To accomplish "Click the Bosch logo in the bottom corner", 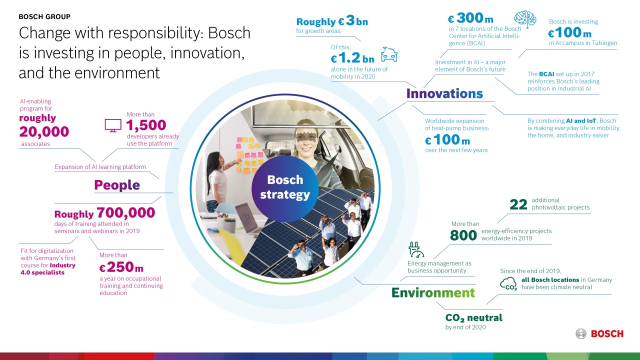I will pos(599,333).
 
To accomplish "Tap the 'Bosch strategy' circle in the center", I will pos(285,187).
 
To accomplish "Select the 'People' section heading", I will pos(117,185).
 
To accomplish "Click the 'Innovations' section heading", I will pos(444,93).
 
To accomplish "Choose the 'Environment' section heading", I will pos(433,292).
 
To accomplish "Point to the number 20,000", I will pos(44,131).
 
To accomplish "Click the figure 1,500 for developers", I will pos(146,124).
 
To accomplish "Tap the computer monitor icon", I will pos(112,125).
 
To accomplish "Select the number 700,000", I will pos(125,212).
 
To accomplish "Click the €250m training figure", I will pos(121,267).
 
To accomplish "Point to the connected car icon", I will pos(388,54).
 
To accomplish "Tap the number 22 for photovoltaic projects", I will pos(518,204).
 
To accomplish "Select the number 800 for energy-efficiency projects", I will pos(463,235).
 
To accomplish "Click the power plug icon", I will pos(416,250).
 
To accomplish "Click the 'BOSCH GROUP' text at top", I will pos(44,16).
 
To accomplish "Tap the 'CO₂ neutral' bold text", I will pos(473,317).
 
